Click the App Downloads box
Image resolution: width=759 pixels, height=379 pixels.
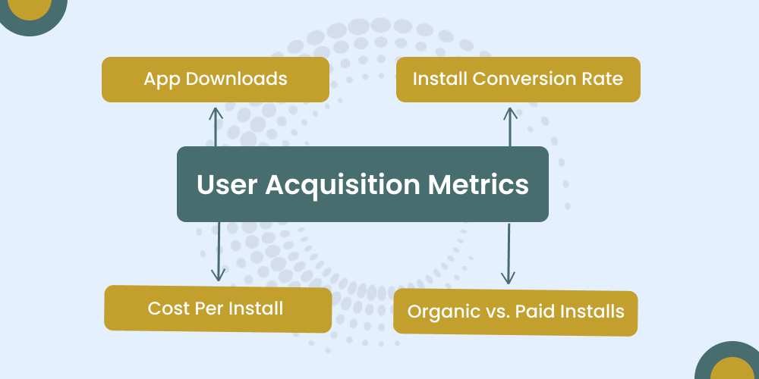216,79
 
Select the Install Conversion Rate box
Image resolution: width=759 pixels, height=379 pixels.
518,79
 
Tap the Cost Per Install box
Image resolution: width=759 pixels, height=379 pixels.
217,309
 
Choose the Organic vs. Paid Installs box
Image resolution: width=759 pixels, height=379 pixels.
515,312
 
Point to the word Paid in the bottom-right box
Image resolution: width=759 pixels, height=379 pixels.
537,312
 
